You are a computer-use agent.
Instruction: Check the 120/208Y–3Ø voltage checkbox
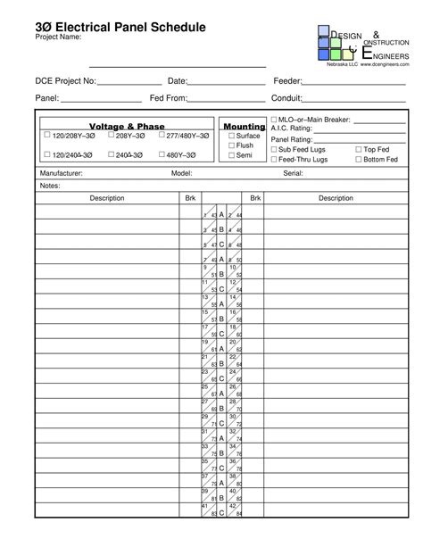[x=47, y=136]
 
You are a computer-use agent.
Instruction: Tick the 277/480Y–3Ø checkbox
[x=162, y=136]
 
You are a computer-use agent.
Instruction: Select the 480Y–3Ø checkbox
[x=162, y=154]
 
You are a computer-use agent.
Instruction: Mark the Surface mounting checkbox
[x=232, y=136]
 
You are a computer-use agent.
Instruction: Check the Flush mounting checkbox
[x=232, y=145]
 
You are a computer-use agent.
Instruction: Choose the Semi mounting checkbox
[x=232, y=155]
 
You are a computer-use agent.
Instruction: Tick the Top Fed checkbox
[x=359, y=149]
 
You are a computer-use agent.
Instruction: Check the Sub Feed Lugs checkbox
[x=274, y=149]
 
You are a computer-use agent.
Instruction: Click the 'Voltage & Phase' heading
[x=125, y=127]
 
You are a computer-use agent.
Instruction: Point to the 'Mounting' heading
[x=245, y=127]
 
